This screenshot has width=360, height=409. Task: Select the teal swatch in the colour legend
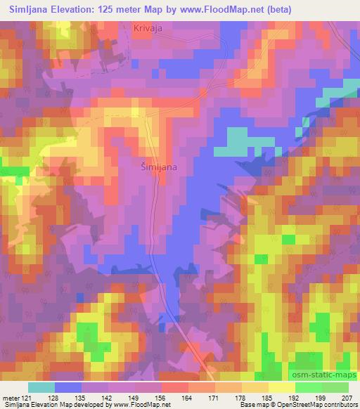(x=41, y=387)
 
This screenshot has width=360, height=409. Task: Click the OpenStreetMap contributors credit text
(x=323, y=405)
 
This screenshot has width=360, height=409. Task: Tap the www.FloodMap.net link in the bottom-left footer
(x=138, y=405)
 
